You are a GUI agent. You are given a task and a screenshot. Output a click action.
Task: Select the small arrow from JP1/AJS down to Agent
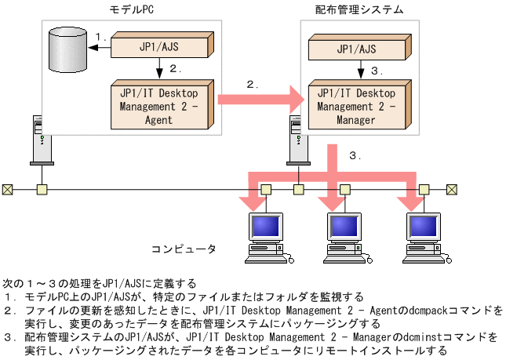(160, 69)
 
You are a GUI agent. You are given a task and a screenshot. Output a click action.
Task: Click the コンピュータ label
(183, 249)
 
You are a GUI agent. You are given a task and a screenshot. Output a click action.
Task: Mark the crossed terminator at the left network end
(7, 189)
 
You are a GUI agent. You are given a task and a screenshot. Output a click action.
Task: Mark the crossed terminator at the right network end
(451, 189)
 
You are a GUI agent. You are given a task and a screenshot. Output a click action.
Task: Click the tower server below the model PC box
(39, 137)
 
